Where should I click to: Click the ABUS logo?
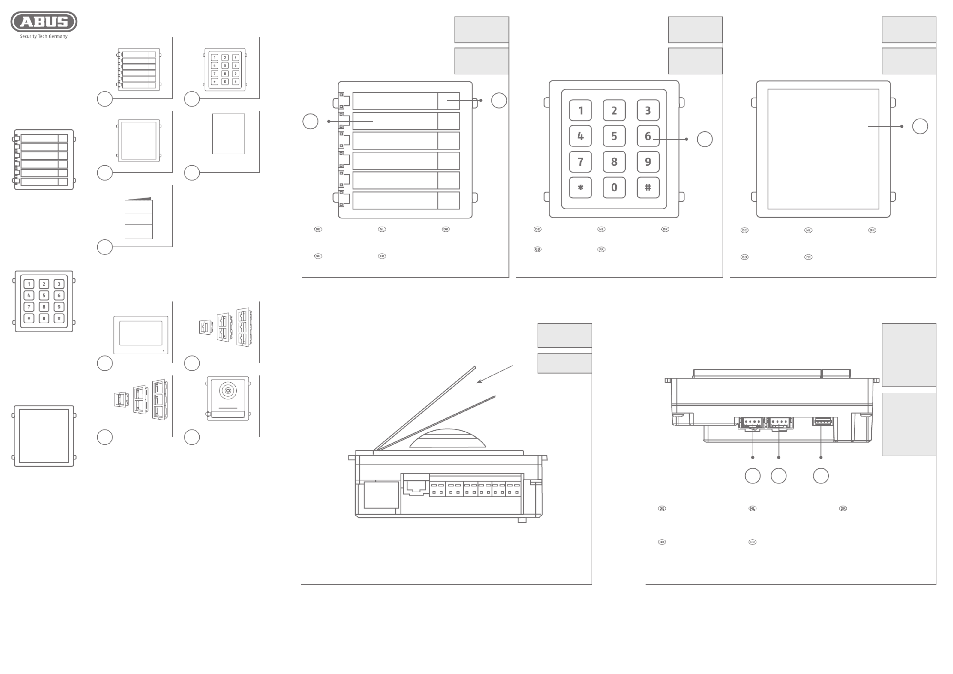point(44,22)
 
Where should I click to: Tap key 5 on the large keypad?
point(614,136)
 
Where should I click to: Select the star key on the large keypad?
point(580,188)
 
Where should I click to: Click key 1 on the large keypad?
point(580,110)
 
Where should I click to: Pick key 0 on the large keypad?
point(614,188)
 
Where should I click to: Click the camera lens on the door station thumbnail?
point(227,390)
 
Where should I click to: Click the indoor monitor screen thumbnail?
point(141,333)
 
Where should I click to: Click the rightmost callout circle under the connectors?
point(821,476)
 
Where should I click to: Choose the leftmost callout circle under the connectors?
point(753,476)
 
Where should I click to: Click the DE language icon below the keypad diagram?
point(537,229)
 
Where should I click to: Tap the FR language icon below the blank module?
point(808,257)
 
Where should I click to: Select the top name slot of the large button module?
point(395,101)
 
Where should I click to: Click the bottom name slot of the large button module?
point(395,200)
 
